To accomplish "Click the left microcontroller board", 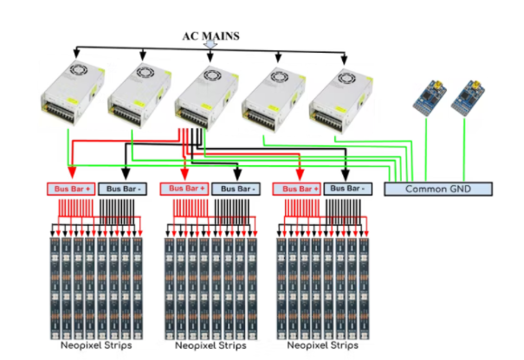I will point(430,99).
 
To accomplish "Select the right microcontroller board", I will point(469,99).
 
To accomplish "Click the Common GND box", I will point(437,188).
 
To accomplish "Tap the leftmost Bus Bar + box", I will point(70,188).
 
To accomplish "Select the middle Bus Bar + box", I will point(185,188).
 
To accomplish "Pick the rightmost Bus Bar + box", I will point(297,188).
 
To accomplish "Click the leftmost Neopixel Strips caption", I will point(94,345).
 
